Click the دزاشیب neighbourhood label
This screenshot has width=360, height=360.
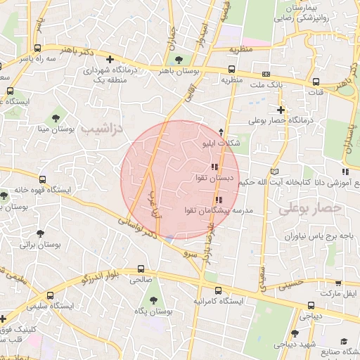tap(101, 129)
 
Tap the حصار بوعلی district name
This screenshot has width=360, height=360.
tap(309, 209)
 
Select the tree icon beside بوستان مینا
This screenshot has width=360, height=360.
tap(56, 117)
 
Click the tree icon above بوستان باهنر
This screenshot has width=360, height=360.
tap(179, 58)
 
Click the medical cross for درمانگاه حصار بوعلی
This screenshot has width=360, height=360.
tap(281, 110)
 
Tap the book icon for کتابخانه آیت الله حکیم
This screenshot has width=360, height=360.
tap(274, 172)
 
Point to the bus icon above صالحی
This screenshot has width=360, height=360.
tap(141, 269)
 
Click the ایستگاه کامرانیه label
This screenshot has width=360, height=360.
tap(218, 301)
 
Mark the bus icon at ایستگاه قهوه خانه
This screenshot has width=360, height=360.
tap(43, 180)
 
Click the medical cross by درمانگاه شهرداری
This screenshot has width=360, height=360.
tap(108, 60)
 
